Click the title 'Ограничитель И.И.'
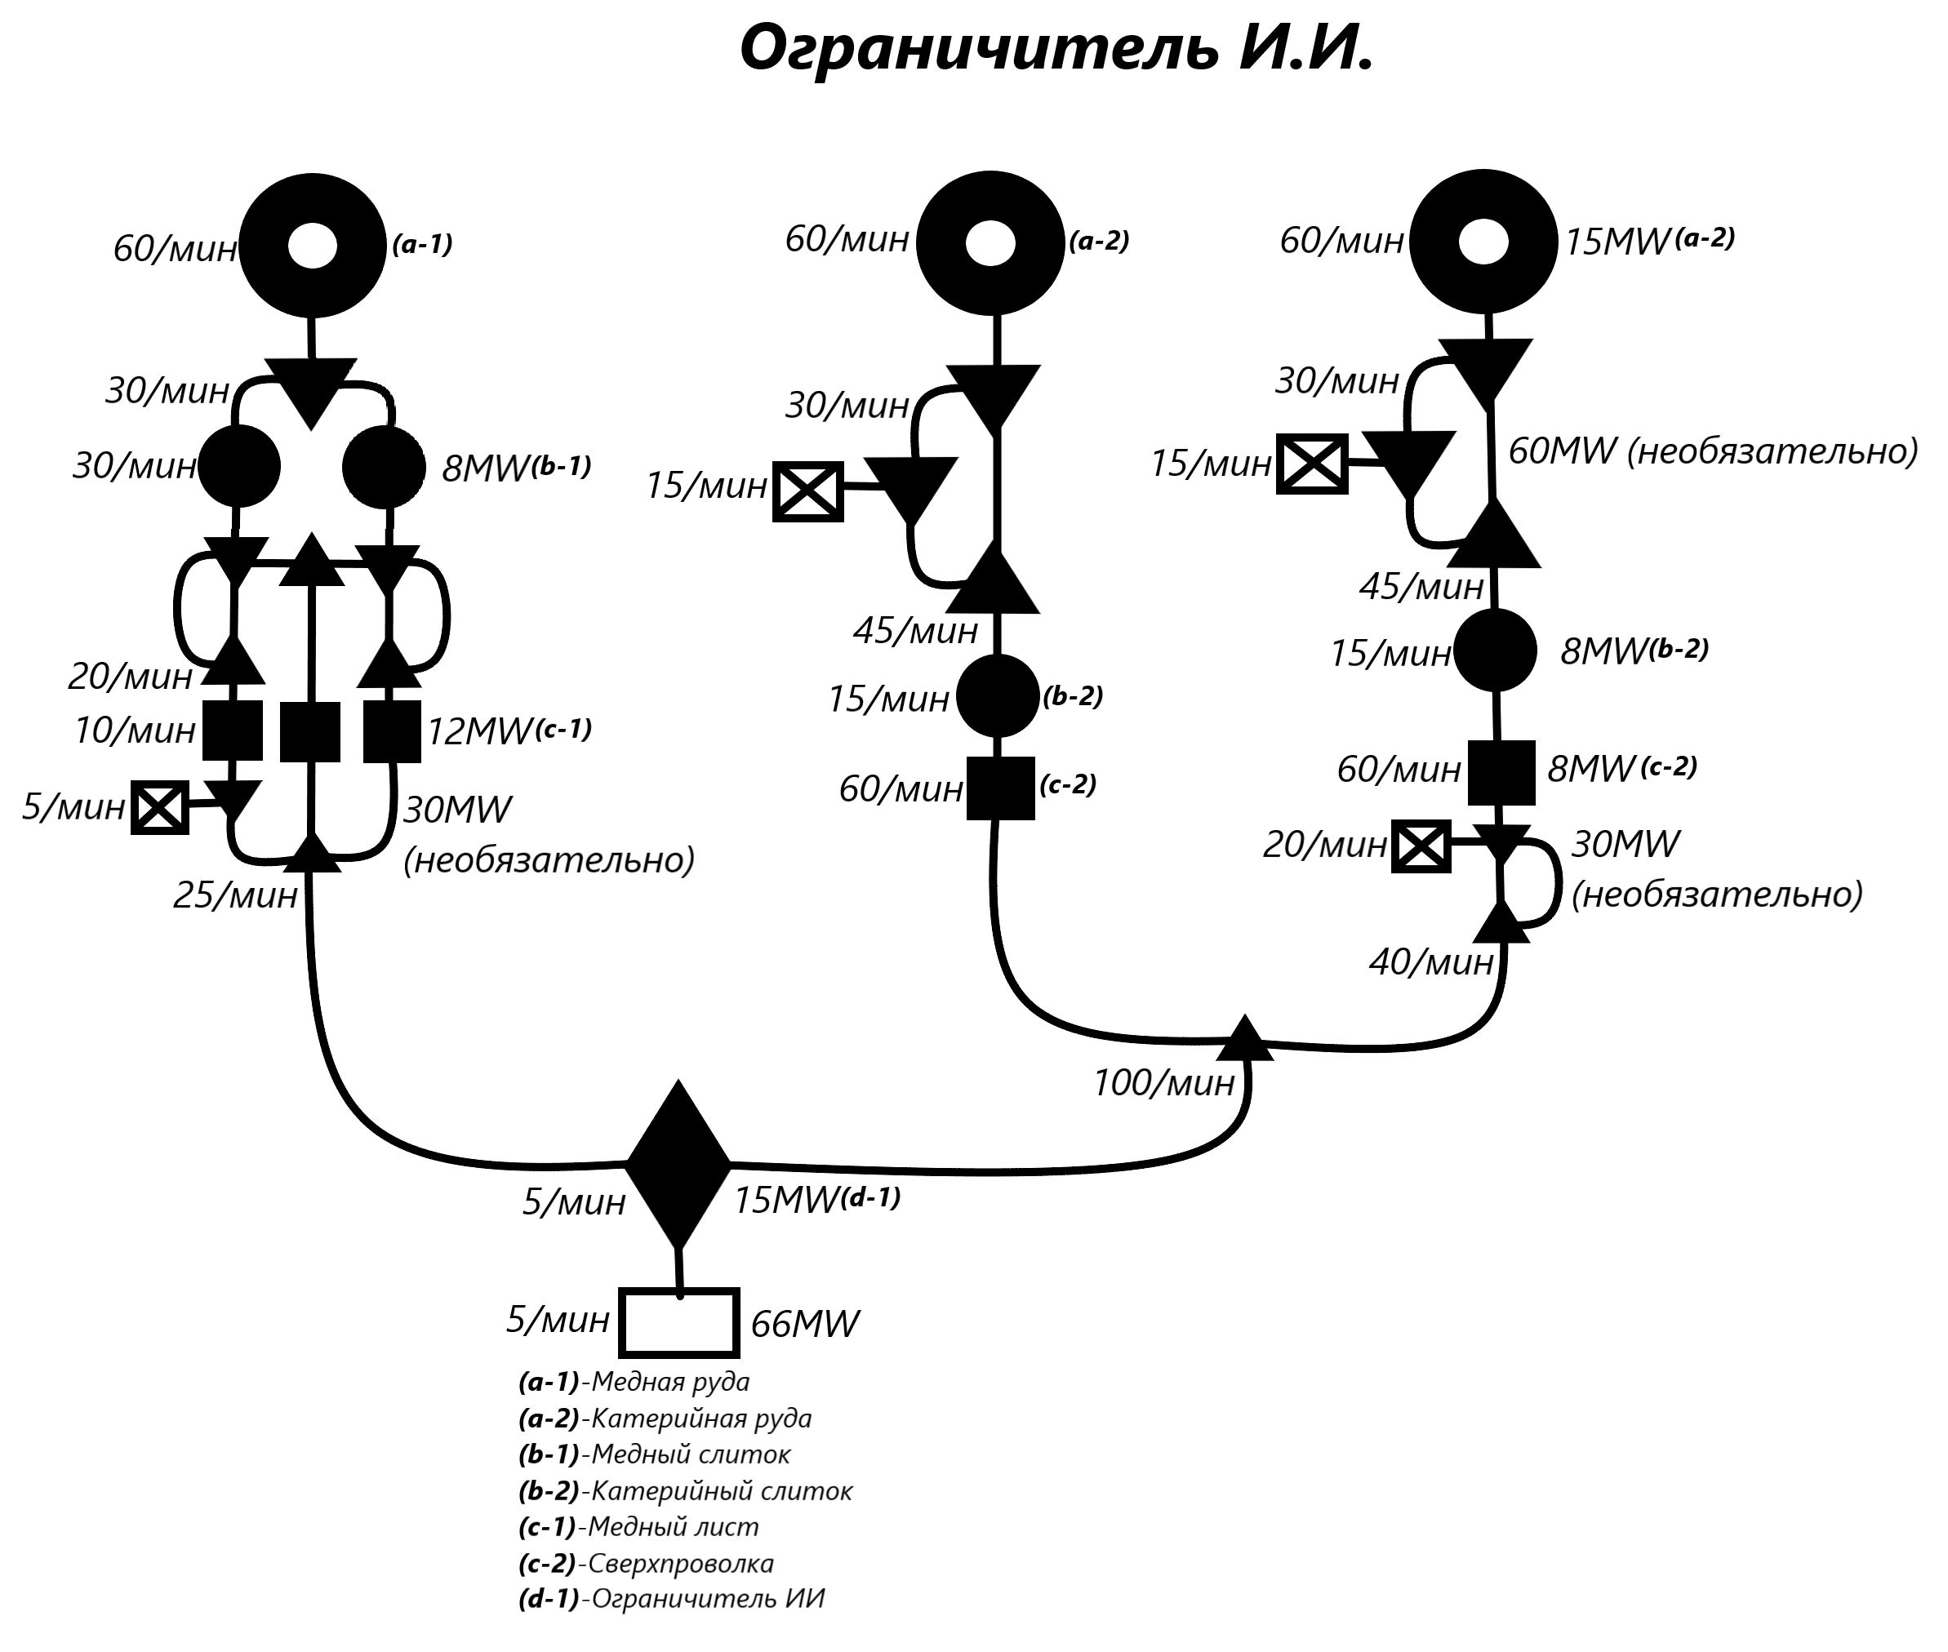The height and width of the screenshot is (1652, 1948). tap(1056, 47)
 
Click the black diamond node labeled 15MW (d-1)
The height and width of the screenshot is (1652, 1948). tap(678, 1164)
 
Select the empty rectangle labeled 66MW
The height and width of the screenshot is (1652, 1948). tap(679, 1323)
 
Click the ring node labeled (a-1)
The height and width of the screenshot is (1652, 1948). tap(312, 247)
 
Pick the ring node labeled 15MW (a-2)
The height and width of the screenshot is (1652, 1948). tap(1483, 242)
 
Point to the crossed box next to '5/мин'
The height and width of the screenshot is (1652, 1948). tap(160, 807)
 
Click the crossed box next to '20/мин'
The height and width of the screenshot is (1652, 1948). tap(1421, 846)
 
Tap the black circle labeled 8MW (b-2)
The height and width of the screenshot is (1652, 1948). tap(1495, 650)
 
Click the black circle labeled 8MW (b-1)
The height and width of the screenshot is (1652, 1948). tap(384, 466)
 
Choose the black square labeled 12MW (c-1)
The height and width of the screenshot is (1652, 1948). tap(391, 731)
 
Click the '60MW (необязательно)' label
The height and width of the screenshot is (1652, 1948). tap(1713, 451)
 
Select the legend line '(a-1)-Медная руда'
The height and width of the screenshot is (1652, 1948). tap(634, 1381)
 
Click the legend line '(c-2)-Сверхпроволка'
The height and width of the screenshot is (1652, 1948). tap(647, 1563)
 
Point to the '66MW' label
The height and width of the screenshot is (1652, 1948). tap(804, 1324)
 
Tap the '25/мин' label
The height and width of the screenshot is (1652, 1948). tap(235, 896)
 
